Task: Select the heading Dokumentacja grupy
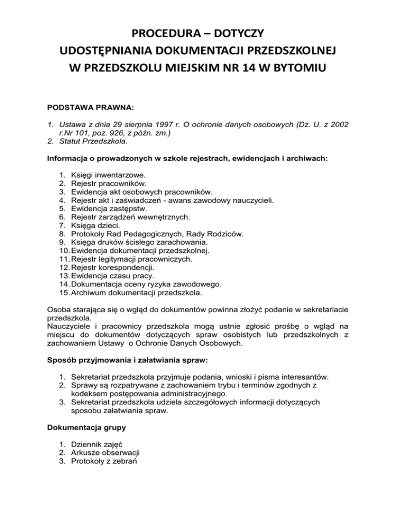(x=84, y=427)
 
